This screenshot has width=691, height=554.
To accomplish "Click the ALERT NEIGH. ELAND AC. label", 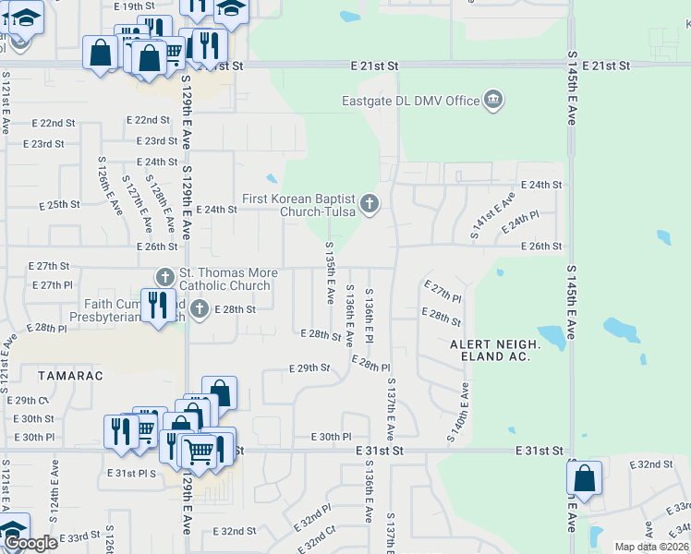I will pos(491,350).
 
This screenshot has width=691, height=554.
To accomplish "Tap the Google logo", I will pos(30,543).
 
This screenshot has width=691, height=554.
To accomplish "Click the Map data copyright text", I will pos(652,547).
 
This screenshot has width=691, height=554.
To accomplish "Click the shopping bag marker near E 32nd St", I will pos(584,479).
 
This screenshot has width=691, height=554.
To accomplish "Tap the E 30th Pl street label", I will pos(332,437).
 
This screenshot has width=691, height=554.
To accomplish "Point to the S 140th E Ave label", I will pos(455,412).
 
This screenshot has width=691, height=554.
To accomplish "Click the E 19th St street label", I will pos(134,6).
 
